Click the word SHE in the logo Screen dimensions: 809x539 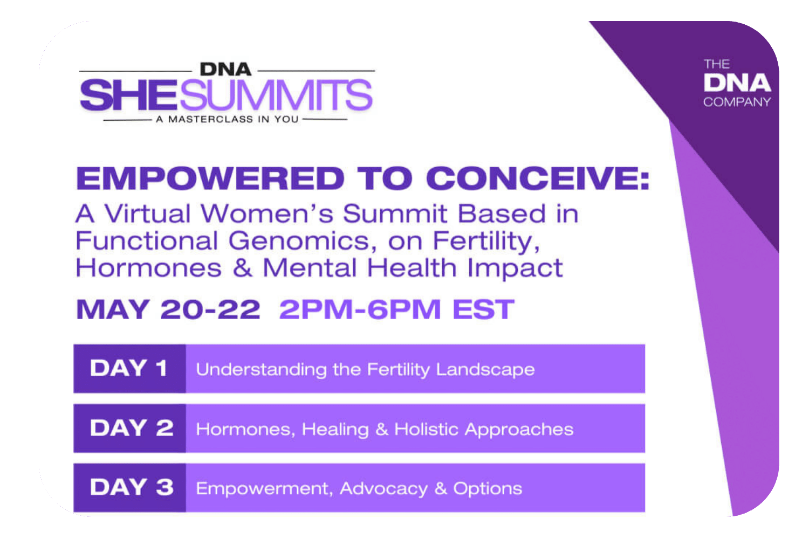coord(128,95)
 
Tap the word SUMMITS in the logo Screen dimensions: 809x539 coord(276,95)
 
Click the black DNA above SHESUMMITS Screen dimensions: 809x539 coord(226,70)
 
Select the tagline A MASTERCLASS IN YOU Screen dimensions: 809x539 coord(227,119)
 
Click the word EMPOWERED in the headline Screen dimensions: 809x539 coord(210,178)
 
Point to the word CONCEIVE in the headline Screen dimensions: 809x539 coord(538,178)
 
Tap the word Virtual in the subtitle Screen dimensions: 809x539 coord(147,213)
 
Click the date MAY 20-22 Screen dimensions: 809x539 coord(168,309)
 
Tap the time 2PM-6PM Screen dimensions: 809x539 coord(360,309)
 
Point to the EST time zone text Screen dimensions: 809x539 coord(483,309)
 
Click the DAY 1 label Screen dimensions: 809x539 coord(128,369)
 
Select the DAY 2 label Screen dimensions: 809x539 coord(132,428)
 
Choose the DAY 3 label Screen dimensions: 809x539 coord(132,487)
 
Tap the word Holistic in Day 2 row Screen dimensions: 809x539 coord(427,429)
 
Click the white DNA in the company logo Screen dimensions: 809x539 coord(737,83)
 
